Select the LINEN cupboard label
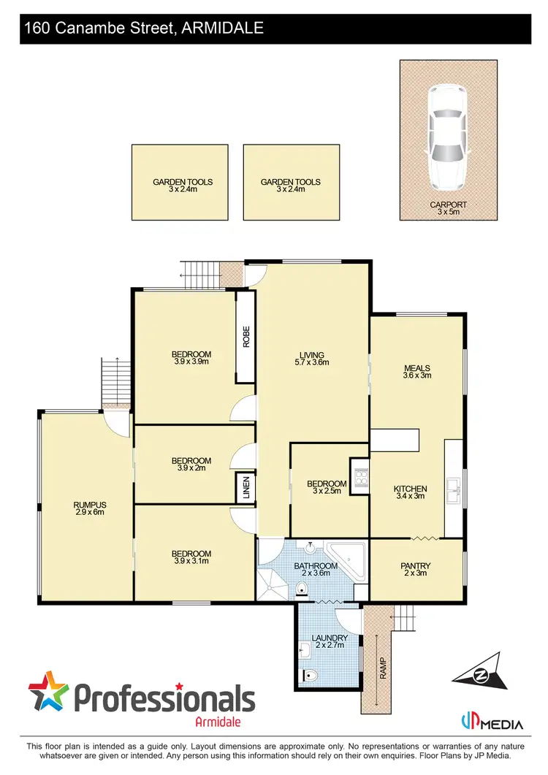click(246, 488)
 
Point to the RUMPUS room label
click(90, 504)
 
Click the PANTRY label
click(416, 565)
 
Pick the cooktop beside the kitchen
click(359, 477)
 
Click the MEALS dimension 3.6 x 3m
click(417, 376)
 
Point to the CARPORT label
click(449, 205)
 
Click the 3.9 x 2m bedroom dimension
click(191, 468)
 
